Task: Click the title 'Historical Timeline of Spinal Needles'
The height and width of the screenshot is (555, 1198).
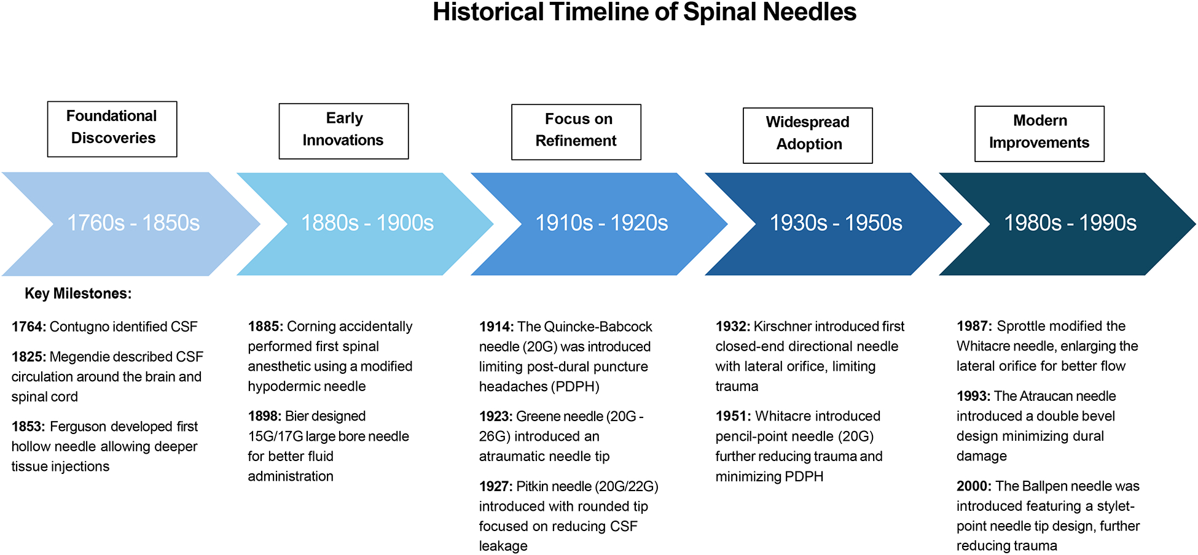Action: click(644, 12)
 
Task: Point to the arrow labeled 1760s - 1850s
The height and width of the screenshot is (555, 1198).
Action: click(132, 224)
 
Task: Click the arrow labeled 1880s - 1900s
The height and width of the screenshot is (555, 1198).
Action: click(366, 224)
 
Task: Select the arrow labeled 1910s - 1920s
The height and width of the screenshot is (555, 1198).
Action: click(600, 224)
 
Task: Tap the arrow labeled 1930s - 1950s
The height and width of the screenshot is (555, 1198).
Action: click(834, 224)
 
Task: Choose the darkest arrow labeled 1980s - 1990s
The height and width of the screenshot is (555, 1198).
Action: click(1068, 224)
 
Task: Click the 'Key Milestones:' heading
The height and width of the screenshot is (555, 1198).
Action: click(78, 293)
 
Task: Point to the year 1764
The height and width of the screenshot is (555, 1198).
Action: click(28, 327)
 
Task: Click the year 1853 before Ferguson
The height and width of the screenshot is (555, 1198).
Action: click(28, 427)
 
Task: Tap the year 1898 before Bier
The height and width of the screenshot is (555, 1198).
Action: click(265, 416)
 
